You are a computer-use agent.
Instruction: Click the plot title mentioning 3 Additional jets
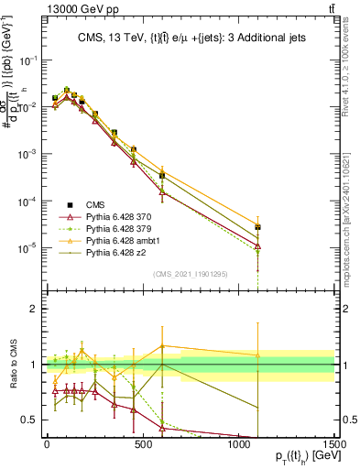coord(191,38)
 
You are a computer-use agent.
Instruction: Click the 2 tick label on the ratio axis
coord(31,310)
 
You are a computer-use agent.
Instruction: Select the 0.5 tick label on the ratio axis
coord(27,420)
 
